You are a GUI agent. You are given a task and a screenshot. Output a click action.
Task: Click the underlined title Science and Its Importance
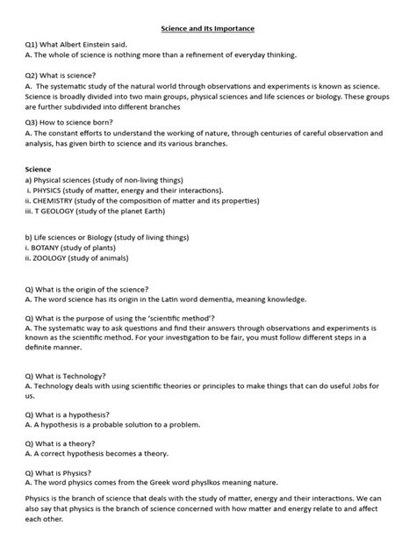coord(207,29)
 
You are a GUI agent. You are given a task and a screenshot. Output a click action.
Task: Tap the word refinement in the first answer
coord(194,54)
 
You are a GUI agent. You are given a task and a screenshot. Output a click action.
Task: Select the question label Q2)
coord(35,76)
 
